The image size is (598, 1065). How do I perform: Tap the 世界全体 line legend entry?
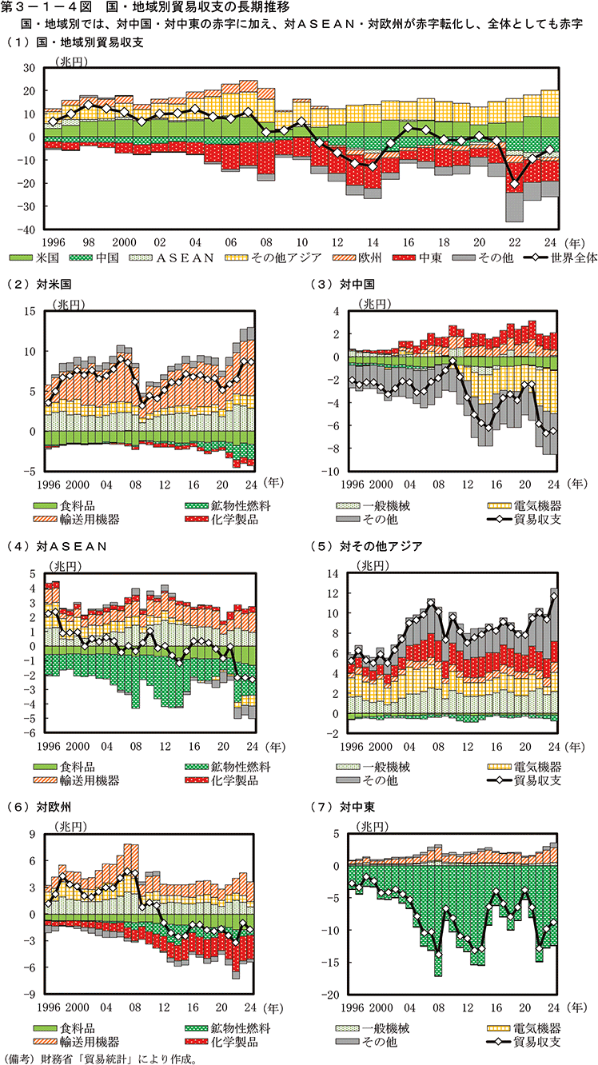(x=559, y=258)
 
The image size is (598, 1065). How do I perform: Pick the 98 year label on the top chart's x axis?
(x=90, y=241)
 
